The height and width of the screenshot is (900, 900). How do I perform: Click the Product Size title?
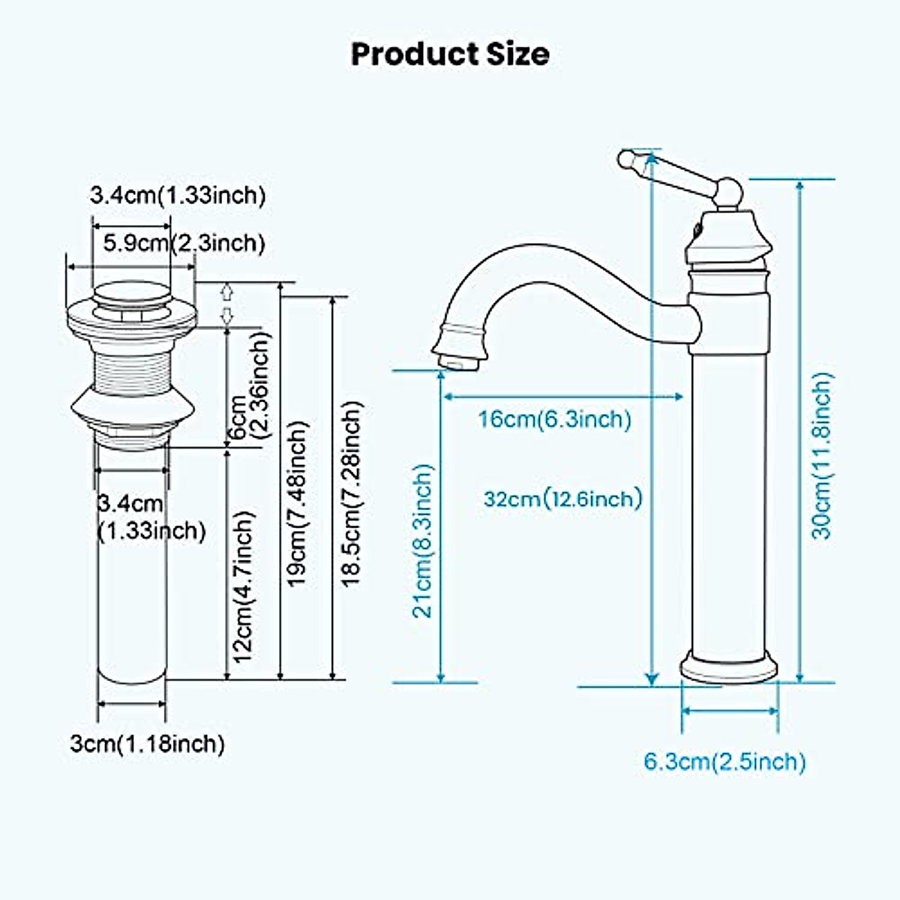450,54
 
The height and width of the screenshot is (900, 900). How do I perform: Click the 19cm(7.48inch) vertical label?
298,503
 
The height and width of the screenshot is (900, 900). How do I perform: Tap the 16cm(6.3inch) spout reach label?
555,418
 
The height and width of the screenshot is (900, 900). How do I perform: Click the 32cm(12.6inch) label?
563,498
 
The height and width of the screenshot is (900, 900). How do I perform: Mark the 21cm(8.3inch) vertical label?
424,540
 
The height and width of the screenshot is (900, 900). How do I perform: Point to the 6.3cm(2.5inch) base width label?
725,762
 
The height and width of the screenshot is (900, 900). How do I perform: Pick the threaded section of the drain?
132,367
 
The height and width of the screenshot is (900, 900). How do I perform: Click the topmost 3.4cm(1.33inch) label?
178,196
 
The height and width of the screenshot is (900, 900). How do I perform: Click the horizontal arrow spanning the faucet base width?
729,709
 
